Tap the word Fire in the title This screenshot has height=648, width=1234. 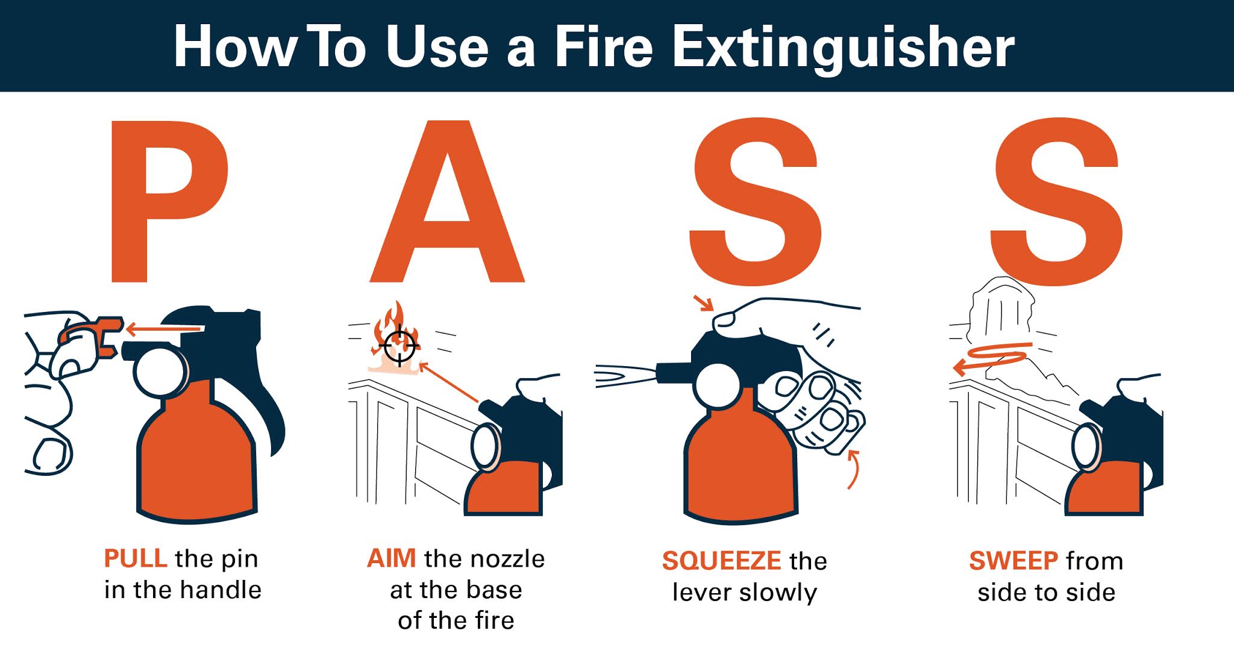point(603,46)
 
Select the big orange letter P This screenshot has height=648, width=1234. point(169,202)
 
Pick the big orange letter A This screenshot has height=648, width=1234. point(447,202)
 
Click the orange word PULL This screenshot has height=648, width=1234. point(136,558)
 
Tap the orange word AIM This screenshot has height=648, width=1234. point(392,558)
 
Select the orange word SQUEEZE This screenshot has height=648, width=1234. point(722,561)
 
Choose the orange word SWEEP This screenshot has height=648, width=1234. point(1013,561)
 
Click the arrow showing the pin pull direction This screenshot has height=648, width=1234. point(163,329)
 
